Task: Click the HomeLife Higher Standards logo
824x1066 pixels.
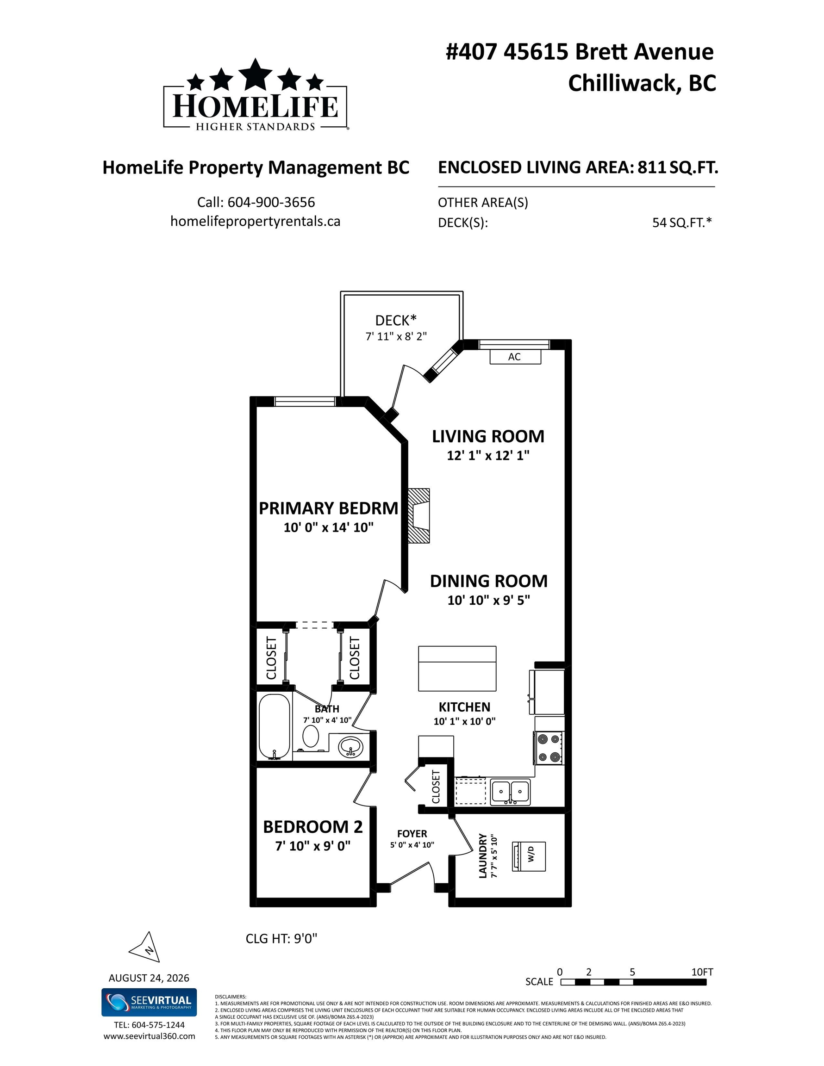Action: pos(256,95)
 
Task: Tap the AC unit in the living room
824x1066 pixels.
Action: pos(515,357)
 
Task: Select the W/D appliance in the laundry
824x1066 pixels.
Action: pos(529,856)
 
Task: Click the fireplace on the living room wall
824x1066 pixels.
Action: pos(419,515)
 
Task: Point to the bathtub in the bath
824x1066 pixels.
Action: pos(275,726)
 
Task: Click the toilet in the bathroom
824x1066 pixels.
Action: pos(311,736)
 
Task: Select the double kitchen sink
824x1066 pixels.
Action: pos(511,792)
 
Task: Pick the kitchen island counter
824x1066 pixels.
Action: pos(457,668)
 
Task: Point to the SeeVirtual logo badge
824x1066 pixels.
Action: pos(149,1003)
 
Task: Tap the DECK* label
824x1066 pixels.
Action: pos(396,321)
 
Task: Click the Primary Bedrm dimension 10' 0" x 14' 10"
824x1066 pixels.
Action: pos(329,527)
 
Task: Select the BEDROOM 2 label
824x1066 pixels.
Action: pos(312,827)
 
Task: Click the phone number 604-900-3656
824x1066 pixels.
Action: pos(271,202)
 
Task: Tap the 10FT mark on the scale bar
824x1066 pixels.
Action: pos(702,972)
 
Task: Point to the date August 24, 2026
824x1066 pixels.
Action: pos(149,978)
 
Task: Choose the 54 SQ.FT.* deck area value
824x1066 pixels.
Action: pos(682,223)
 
